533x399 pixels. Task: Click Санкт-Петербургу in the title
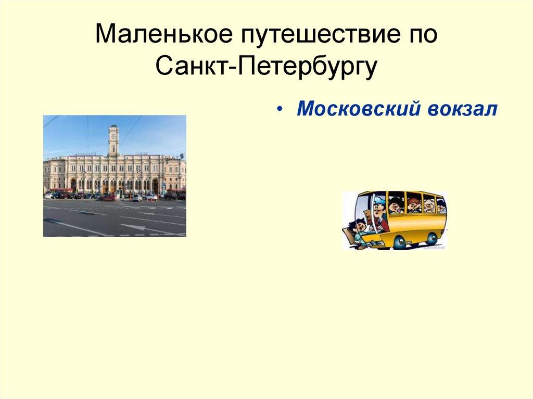(x=265, y=68)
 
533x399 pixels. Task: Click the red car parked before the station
(x=109, y=197)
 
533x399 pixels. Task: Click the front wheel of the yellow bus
(x=399, y=241)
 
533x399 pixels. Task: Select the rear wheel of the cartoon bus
(x=431, y=238)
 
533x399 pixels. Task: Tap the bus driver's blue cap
(x=379, y=199)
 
